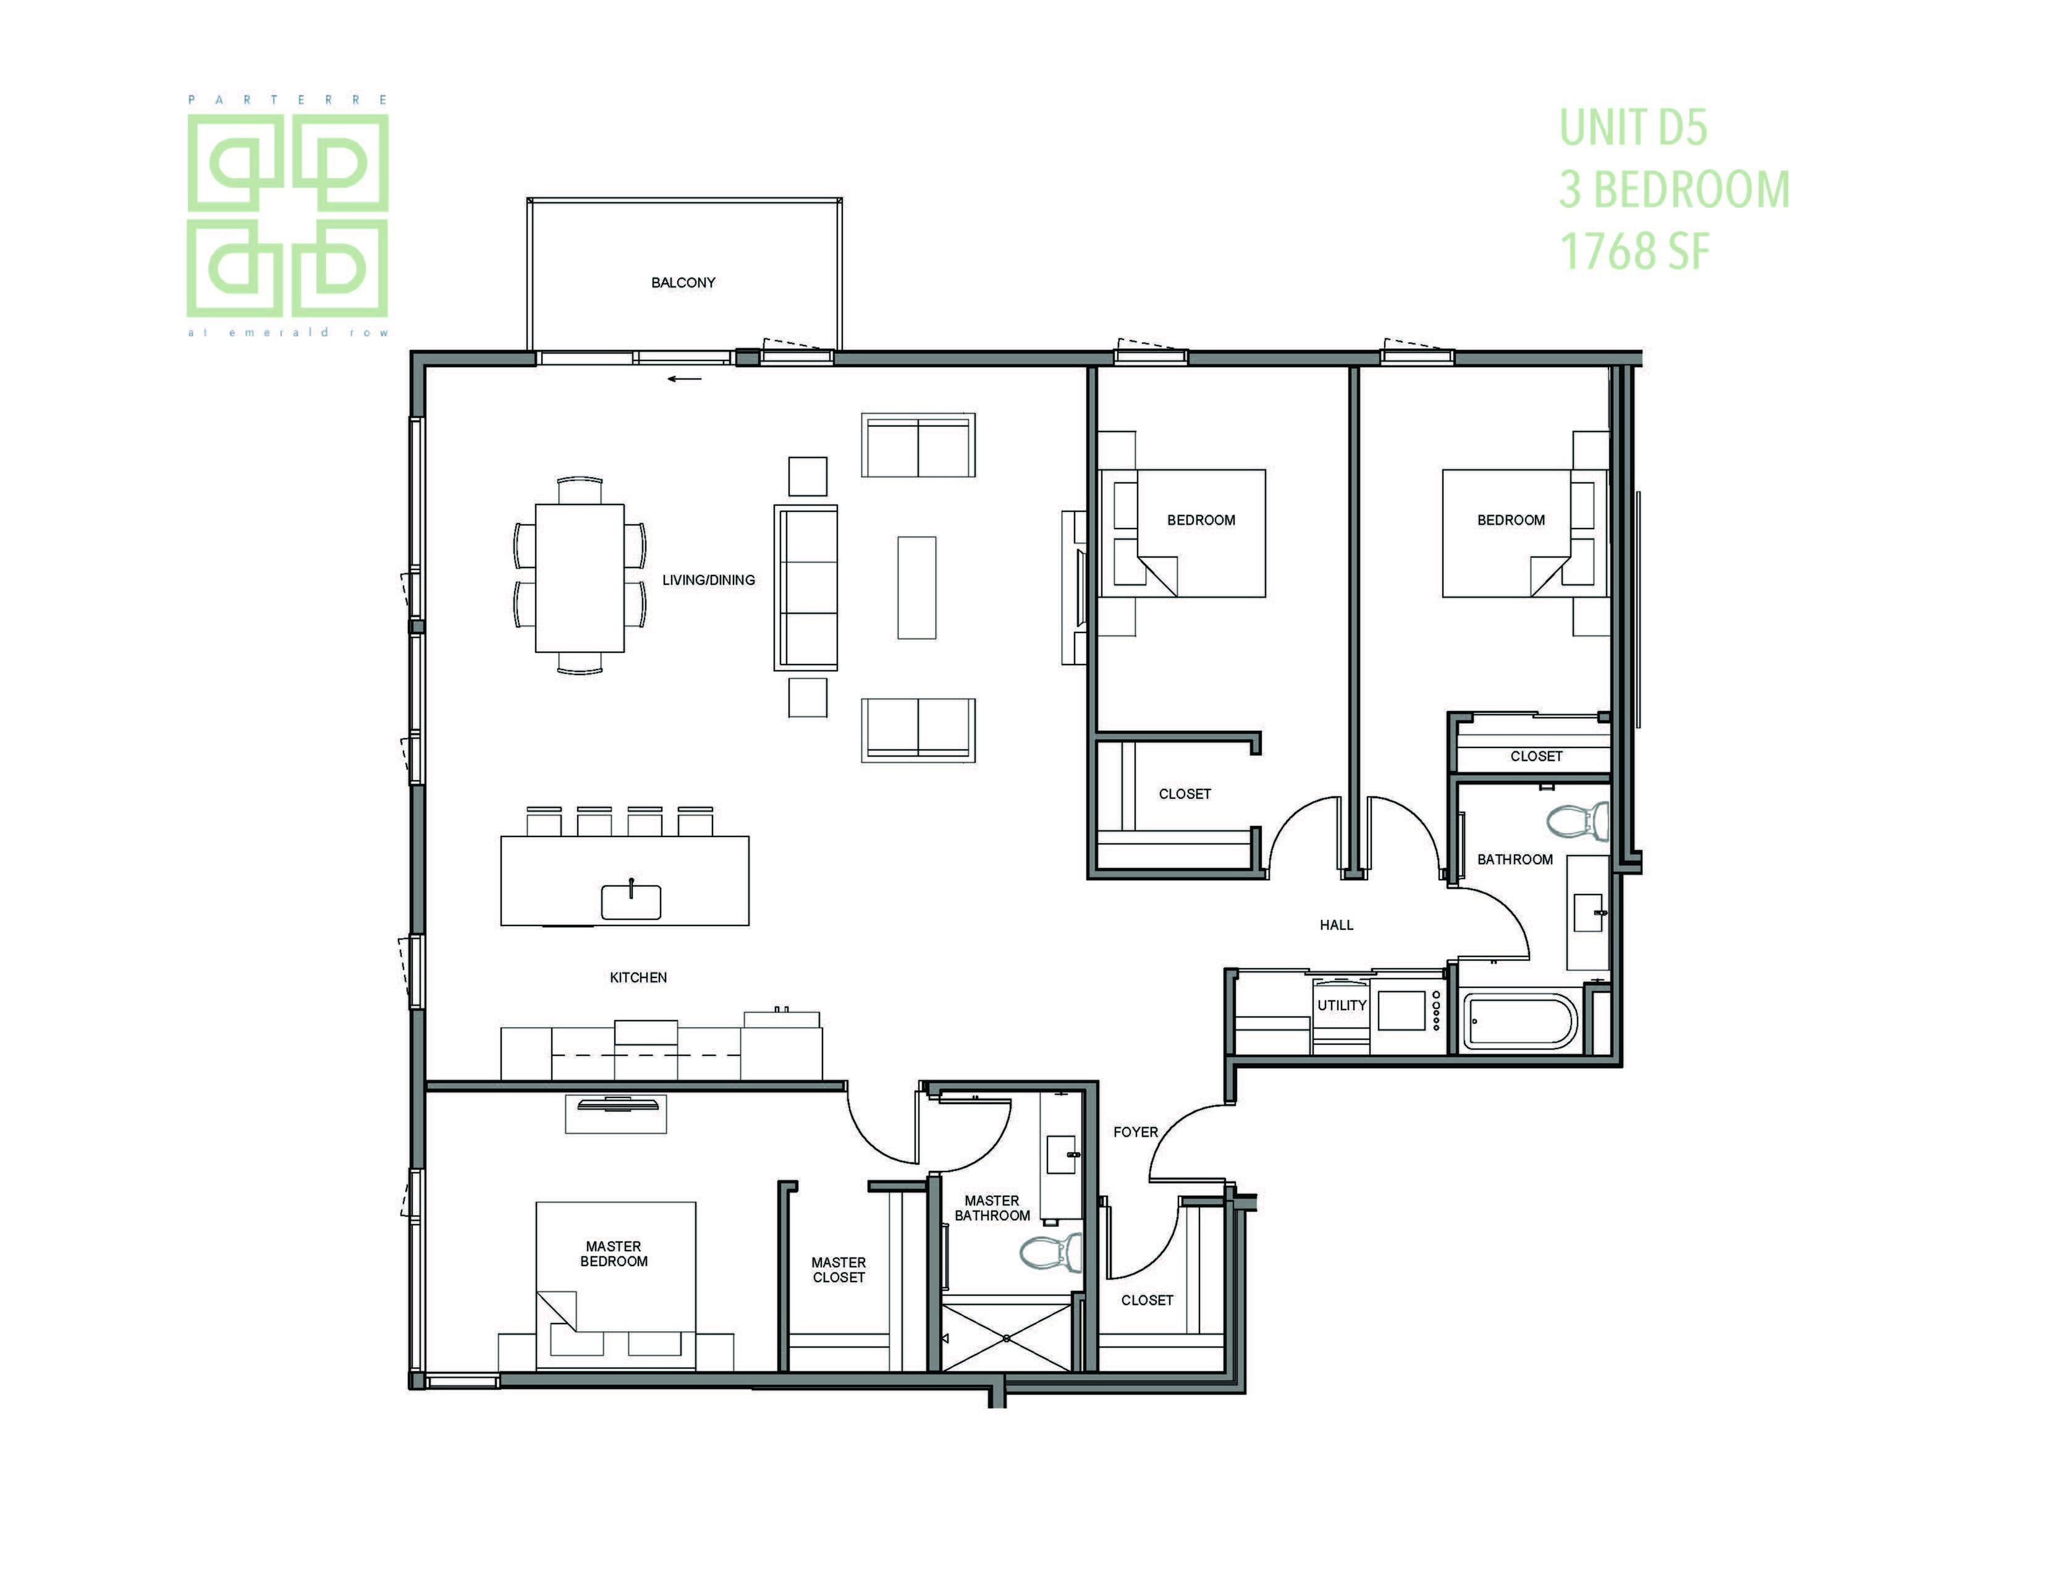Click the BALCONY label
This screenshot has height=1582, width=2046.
tap(683, 282)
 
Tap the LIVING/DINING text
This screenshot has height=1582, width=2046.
tap(708, 580)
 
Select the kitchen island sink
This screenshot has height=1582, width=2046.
tap(630, 901)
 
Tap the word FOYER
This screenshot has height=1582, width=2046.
tap(1135, 1132)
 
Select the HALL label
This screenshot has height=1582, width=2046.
tap(1336, 925)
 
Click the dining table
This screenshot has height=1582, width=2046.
tap(580, 577)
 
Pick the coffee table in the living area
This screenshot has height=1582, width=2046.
tap(916, 588)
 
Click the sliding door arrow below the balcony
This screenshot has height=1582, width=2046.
tap(685, 380)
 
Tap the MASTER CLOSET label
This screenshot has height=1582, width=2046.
tap(839, 1270)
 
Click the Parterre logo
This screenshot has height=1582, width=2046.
tap(287, 216)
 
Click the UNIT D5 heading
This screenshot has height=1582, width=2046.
tap(1633, 127)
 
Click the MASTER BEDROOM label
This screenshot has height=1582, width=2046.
tap(614, 1254)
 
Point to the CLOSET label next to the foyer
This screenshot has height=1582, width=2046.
tap(1147, 1300)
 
